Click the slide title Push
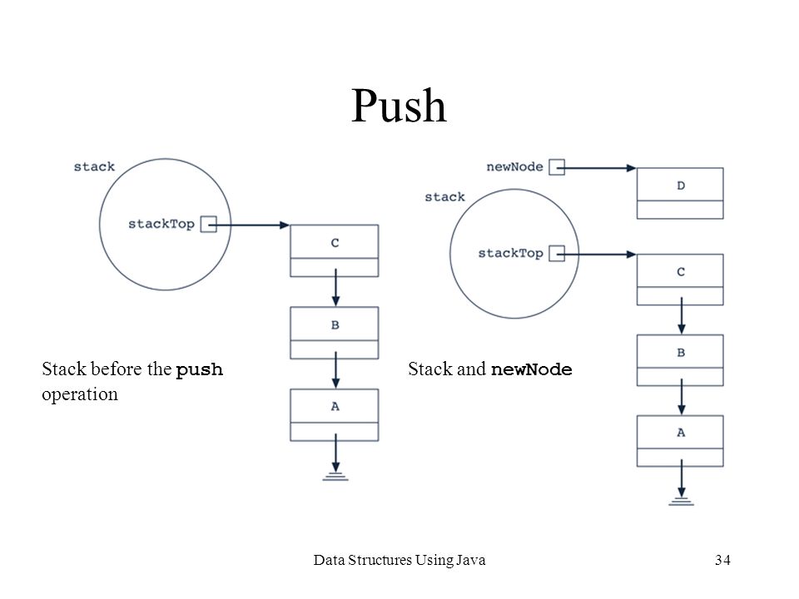(x=399, y=106)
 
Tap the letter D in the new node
(x=681, y=186)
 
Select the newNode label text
(x=514, y=167)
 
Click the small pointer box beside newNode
(x=557, y=167)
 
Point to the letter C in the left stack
(x=335, y=243)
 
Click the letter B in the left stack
(x=335, y=325)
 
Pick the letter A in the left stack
(x=335, y=407)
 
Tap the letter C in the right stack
(x=681, y=272)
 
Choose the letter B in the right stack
(x=681, y=353)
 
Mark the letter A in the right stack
(x=681, y=433)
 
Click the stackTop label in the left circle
(x=161, y=225)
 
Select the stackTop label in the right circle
(x=510, y=254)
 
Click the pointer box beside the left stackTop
(x=208, y=224)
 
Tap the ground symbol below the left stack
(x=335, y=477)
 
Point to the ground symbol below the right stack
(x=682, y=501)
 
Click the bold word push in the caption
(x=199, y=369)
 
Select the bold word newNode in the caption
(x=532, y=369)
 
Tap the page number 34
(x=722, y=560)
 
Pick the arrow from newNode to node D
(x=596, y=167)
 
